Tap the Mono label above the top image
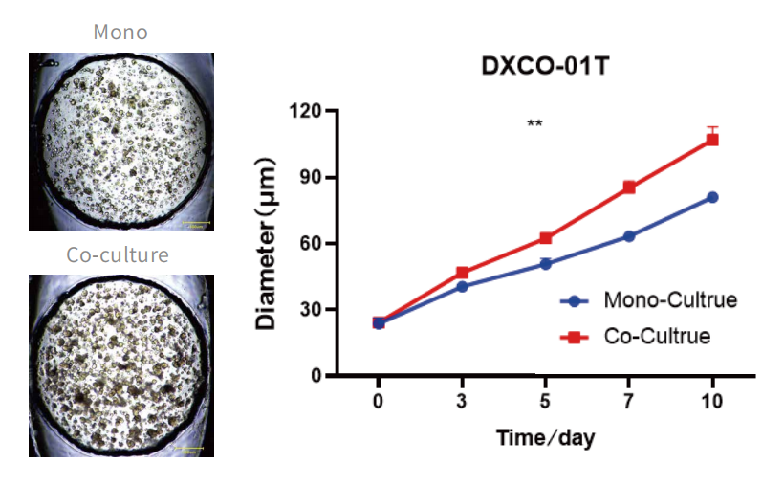[120, 32]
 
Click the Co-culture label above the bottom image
[118, 254]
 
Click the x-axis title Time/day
[545, 438]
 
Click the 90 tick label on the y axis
[310, 177]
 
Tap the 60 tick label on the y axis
[310, 243]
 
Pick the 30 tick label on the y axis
[310, 309]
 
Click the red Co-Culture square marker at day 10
[712, 140]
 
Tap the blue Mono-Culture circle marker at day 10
[712, 197]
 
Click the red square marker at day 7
[629, 187]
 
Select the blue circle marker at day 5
[545, 263]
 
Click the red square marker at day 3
[462, 273]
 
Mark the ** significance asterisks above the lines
[534, 123]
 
